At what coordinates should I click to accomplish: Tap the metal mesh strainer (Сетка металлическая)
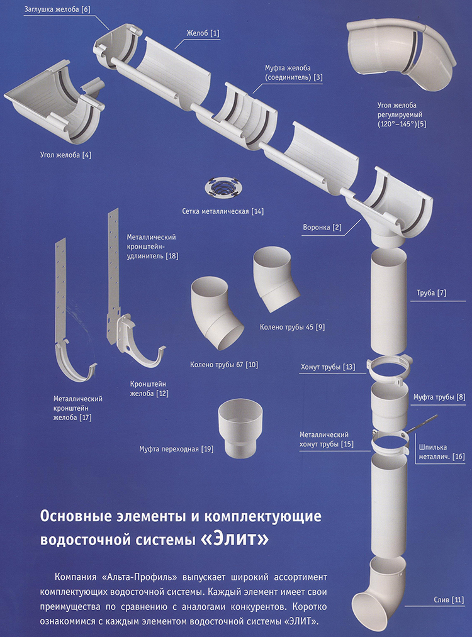click(x=224, y=187)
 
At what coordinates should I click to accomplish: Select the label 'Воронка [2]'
click(x=323, y=228)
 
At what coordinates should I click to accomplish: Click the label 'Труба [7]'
click(x=431, y=292)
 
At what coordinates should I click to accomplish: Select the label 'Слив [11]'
click(x=448, y=599)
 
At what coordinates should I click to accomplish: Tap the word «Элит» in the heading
click(x=240, y=539)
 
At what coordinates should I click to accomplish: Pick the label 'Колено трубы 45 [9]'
click(x=292, y=328)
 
